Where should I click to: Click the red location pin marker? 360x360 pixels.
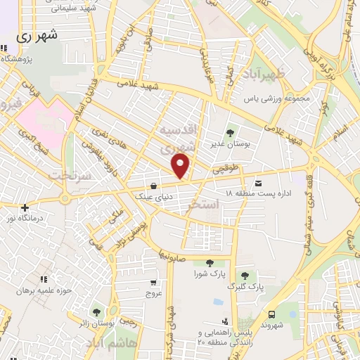181,165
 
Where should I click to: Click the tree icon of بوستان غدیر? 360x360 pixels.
231,132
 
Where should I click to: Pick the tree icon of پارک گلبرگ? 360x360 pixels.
245,276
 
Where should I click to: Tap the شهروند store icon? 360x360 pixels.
271,314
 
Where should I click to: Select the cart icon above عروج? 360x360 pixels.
153,282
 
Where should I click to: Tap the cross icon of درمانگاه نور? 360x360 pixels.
25,208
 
